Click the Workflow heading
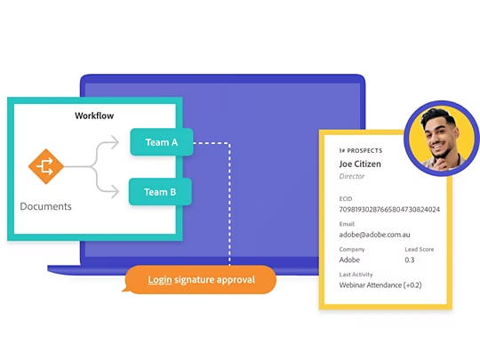point(94,116)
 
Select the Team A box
point(162,142)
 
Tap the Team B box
point(160,192)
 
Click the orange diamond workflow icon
point(46,166)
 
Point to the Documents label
point(45,206)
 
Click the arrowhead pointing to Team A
point(115,142)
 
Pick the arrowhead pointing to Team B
point(115,192)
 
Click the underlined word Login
point(160,280)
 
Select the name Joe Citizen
point(360,164)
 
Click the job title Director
point(352,176)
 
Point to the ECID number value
point(389,210)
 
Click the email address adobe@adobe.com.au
point(374,235)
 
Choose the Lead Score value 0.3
point(410,260)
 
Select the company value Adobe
point(349,260)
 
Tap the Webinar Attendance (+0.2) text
point(380,285)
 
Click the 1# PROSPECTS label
point(361,150)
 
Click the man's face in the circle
point(440,137)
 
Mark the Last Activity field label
point(356,275)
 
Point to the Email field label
point(347,224)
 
